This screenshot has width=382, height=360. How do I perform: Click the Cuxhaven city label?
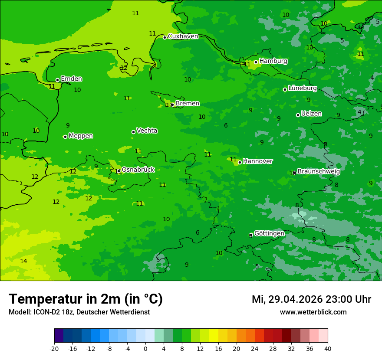point(183,36)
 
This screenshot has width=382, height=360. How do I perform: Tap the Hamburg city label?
point(273,61)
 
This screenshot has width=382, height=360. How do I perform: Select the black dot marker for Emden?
point(57,80)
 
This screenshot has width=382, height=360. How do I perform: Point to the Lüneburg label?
point(302,88)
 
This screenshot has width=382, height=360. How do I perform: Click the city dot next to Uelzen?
point(298,115)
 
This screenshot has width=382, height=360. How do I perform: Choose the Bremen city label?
point(187,104)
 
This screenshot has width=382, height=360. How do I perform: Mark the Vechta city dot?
point(133,132)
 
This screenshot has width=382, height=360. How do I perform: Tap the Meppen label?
point(80,136)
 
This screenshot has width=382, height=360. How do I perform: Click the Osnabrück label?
point(138,170)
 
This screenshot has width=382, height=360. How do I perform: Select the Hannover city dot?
point(240,162)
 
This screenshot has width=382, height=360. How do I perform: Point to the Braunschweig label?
point(319,171)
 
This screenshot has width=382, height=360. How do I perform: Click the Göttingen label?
point(269,233)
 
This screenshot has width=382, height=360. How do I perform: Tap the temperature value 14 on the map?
point(23,261)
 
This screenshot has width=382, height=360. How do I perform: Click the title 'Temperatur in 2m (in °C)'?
point(86,299)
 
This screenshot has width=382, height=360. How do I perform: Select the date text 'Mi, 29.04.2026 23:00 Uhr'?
point(311,299)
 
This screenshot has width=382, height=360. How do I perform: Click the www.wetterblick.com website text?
point(313,312)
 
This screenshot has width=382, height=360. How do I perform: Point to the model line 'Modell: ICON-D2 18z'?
point(79,312)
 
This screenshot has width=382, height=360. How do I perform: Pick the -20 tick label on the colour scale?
point(54,349)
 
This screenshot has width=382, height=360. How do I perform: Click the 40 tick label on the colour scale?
point(328,349)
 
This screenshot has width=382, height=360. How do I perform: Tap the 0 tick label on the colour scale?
point(145,349)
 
